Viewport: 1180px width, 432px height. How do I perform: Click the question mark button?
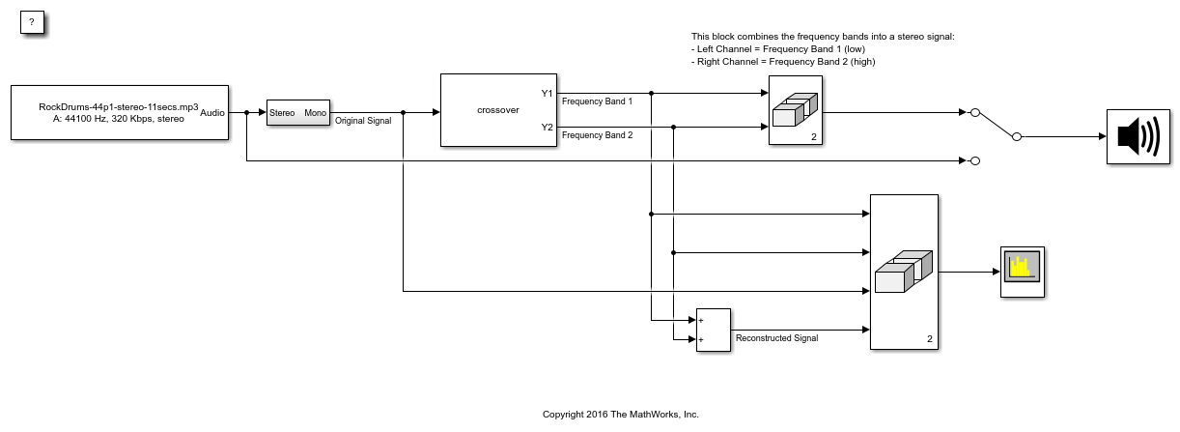[32, 22]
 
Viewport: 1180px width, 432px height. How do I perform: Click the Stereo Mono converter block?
[297, 113]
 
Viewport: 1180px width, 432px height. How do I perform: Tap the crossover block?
[498, 110]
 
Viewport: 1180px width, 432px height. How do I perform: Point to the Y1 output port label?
[547, 93]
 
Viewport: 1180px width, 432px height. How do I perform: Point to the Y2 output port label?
[547, 127]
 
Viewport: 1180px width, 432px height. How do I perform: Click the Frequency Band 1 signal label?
[597, 101]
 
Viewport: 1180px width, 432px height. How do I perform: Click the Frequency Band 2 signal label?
[597, 135]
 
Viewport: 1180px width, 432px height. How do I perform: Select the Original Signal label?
[363, 121]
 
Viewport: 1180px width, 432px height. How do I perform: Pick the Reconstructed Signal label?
[776, 338]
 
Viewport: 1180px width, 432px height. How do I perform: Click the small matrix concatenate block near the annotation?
[795, 110]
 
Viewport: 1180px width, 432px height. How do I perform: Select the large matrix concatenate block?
[904, 272]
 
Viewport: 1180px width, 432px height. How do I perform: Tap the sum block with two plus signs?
[713, 331]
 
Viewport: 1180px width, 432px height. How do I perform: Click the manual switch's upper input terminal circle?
[975, 113]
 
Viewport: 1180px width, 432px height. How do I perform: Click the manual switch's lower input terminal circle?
[975, 160]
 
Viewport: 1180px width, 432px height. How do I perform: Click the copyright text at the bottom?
[620, 415]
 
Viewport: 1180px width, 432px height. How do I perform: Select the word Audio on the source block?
[212, 113]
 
